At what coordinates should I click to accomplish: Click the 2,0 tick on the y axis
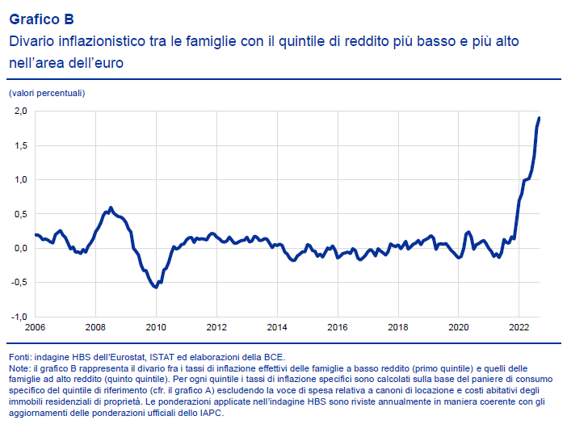[x=20, y=111]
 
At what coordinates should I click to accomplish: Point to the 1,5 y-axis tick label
[x=20, y=145]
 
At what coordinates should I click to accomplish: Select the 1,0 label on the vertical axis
[x=20, y=179]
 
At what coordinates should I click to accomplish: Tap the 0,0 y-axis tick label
[x=20, y=248]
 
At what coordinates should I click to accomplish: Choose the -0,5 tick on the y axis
[x=19, y=283]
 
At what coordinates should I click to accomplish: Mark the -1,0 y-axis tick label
[x=19, y=317]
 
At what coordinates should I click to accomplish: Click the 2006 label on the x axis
[x=35, y=327]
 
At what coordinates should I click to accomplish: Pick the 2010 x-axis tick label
[x=156, y=327]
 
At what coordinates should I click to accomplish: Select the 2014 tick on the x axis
[x=277, y=327]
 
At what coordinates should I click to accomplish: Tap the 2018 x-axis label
[x=397, y=327]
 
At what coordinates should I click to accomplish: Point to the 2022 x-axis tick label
[x=519, y=327]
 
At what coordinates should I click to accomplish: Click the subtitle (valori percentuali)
[x=47, y=93]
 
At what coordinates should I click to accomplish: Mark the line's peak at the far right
[x=539, y=119]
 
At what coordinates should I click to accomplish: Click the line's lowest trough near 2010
[x=155, y=287]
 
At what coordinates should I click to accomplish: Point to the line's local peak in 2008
[x=111, y=208]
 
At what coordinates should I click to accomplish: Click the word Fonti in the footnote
[x=21, y=356]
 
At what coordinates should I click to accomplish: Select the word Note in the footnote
[x=20, y=368]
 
